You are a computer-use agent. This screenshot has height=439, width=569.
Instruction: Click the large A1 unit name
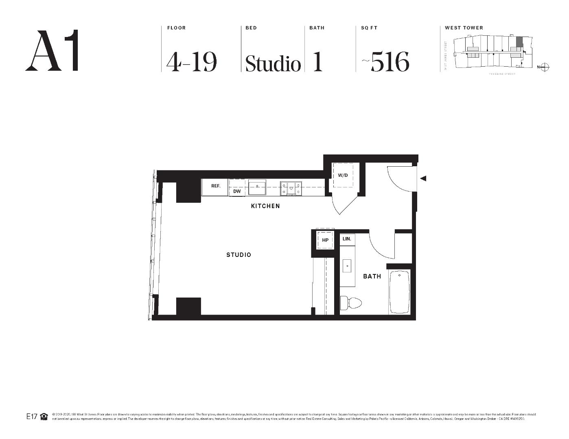[52, 51]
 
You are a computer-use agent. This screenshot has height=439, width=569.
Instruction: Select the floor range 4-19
[191, 62]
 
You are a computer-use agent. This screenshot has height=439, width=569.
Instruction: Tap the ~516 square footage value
[386, 62]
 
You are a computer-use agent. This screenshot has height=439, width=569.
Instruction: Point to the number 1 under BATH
[317, 62]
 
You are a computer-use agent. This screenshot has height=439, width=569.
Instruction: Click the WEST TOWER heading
[464, 28]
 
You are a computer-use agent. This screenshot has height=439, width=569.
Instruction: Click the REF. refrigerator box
[215, 186]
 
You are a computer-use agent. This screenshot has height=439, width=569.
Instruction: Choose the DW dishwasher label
[237, 191]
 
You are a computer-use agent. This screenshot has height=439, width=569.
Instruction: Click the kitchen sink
[257, 188]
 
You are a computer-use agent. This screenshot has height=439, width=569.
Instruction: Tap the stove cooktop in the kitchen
[291, 189]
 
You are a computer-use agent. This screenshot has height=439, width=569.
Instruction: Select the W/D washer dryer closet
[343, 175]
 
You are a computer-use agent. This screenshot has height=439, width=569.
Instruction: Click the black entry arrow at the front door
[423, 178]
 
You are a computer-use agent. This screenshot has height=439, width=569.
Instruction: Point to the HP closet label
[325, 240]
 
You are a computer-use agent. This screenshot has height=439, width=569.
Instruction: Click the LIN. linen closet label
[347, 239]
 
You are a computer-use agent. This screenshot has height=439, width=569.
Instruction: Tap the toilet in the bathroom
[351, 303]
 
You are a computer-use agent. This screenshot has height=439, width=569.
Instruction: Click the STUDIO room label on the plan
[239, 255]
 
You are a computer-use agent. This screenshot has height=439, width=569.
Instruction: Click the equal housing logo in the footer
[44, 417]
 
